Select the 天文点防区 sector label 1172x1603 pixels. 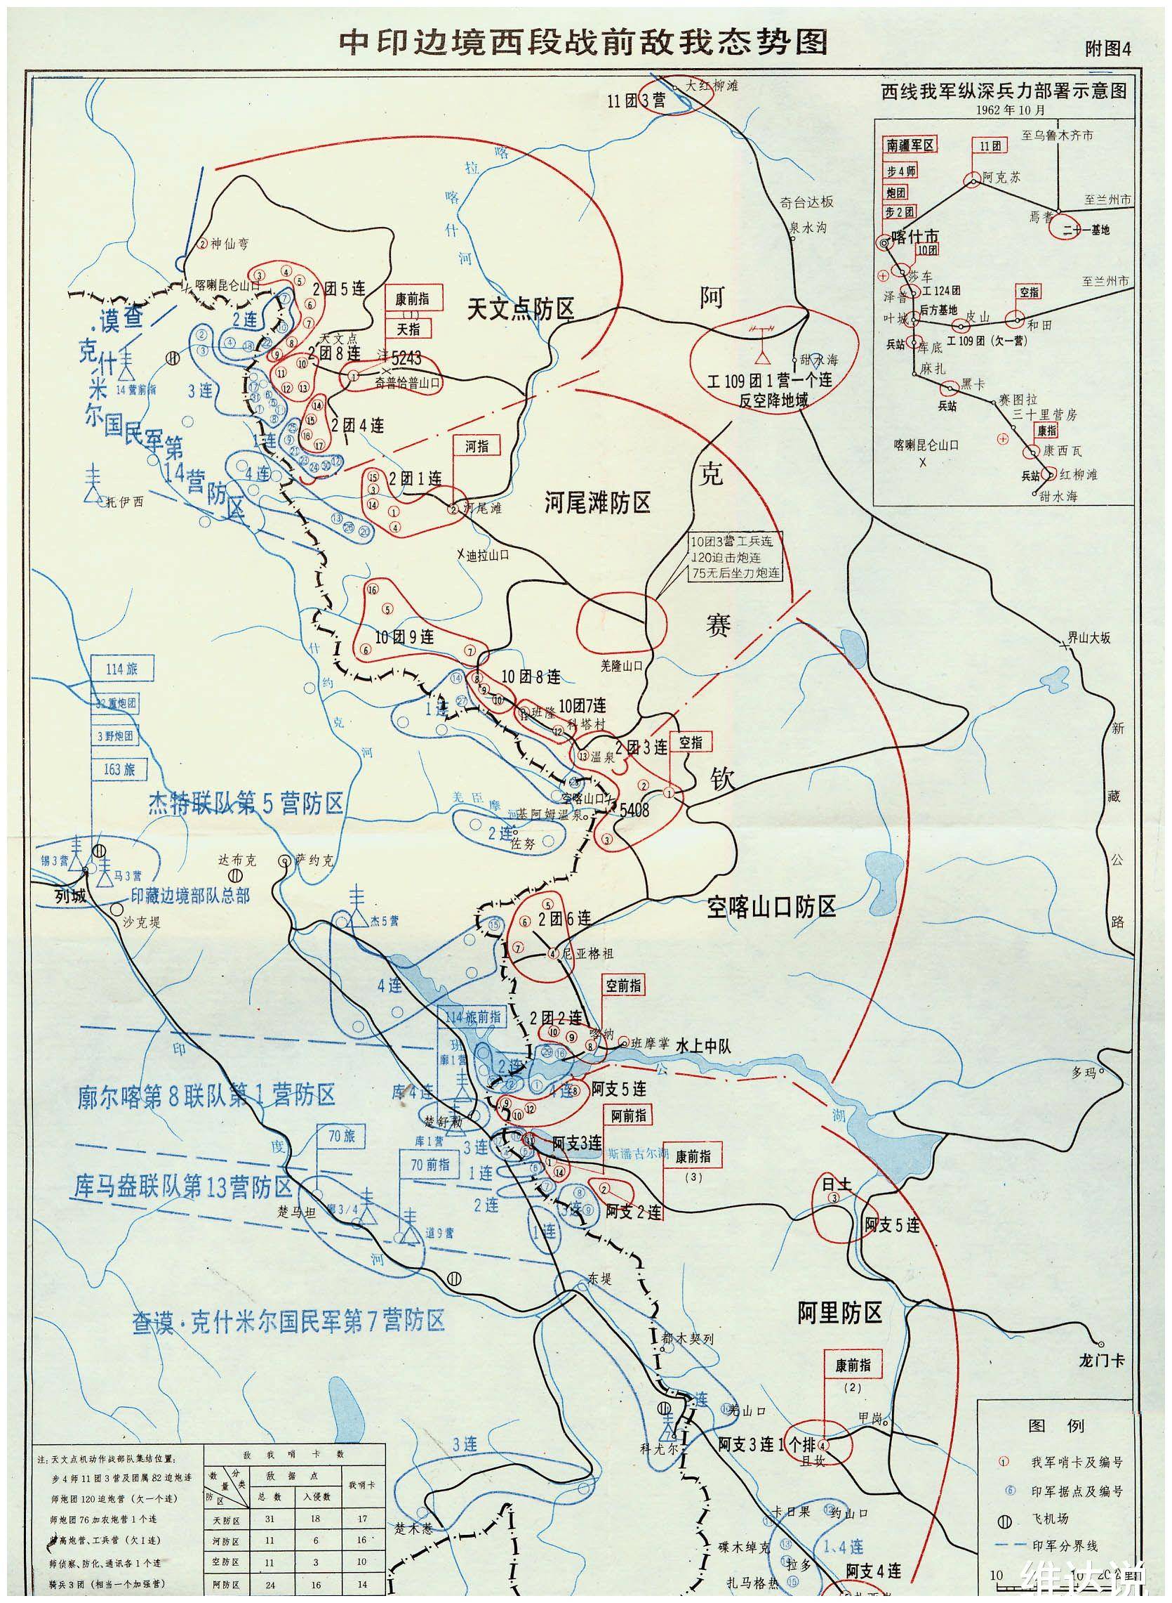coord(520,309)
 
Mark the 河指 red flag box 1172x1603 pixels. coord(476,445)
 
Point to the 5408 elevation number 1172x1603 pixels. coord(634,810)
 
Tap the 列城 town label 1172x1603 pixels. coord(69,896)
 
